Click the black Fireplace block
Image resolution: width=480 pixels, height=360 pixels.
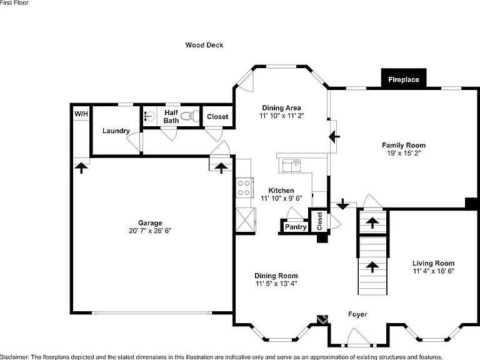coord(404,78)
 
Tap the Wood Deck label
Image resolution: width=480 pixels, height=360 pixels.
coord(204,45)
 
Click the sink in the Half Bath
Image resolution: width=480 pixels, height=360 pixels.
coord(149,116)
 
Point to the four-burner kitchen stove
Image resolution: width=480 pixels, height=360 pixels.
coord(244,188)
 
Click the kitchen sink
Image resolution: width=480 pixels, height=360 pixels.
coord(291,166)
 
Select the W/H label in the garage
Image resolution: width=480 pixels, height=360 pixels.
coord(81,114)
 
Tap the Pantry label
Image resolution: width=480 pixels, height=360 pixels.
coord(296,227)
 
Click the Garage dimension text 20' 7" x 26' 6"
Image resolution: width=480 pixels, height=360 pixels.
coord(150,231)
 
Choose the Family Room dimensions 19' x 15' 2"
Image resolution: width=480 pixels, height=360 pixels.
coord(404,153)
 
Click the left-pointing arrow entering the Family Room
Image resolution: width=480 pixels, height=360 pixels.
coord(334,136)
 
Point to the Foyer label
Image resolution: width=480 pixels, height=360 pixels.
coord(357,314)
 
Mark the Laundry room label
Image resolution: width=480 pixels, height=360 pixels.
coord(116,131)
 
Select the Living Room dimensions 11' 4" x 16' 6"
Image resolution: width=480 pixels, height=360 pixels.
coord(434,271)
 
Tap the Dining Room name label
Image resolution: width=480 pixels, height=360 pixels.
coord(276,276)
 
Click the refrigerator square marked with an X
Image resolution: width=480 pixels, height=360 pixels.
coord(246,220)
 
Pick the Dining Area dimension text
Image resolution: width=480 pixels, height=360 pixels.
coord(282,116)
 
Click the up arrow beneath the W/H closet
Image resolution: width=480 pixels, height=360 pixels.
coord(81,168)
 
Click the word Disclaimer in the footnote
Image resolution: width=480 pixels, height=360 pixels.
coord(14,357)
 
